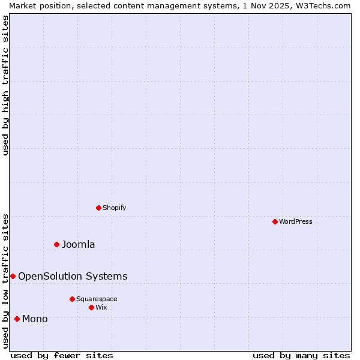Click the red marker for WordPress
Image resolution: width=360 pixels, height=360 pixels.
(275, 221)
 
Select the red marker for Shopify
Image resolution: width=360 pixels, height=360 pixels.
(98, 208)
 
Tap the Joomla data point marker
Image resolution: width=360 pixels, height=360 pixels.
(56, 244)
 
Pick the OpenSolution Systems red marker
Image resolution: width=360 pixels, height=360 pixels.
(13, 276)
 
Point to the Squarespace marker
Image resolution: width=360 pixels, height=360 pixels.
(72, 299)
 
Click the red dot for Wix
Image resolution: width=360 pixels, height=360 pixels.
(91, 307)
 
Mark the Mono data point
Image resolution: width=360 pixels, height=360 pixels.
(17, 319)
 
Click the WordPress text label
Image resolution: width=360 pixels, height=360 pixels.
(296, 221)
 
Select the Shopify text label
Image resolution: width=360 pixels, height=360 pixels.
(114, 208)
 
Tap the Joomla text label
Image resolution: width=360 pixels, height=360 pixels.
(79, 244)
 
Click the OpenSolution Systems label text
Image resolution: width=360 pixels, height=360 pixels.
(73, 276)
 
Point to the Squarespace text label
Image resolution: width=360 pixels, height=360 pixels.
(97, 299)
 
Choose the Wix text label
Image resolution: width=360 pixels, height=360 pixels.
(101, 307)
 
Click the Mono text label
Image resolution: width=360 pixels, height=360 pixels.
(35, 319)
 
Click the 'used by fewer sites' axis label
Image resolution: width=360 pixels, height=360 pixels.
(62, 355)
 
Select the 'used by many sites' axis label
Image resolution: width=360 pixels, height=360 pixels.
(301, 355)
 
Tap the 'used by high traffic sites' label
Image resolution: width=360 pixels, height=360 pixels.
(6, 85)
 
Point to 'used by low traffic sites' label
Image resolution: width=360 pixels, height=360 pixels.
(6, 280)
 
